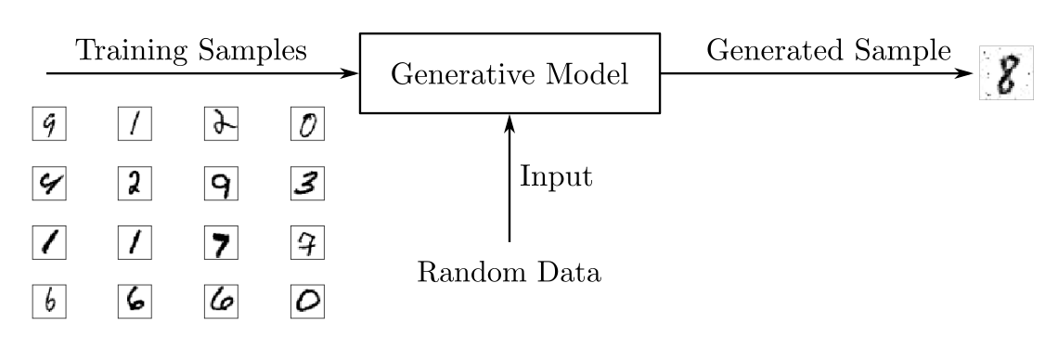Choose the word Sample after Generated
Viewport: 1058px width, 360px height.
pos(901,51)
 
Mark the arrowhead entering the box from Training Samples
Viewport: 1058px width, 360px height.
pos(351,73)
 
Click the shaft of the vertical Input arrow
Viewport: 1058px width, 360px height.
pos(509,186)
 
